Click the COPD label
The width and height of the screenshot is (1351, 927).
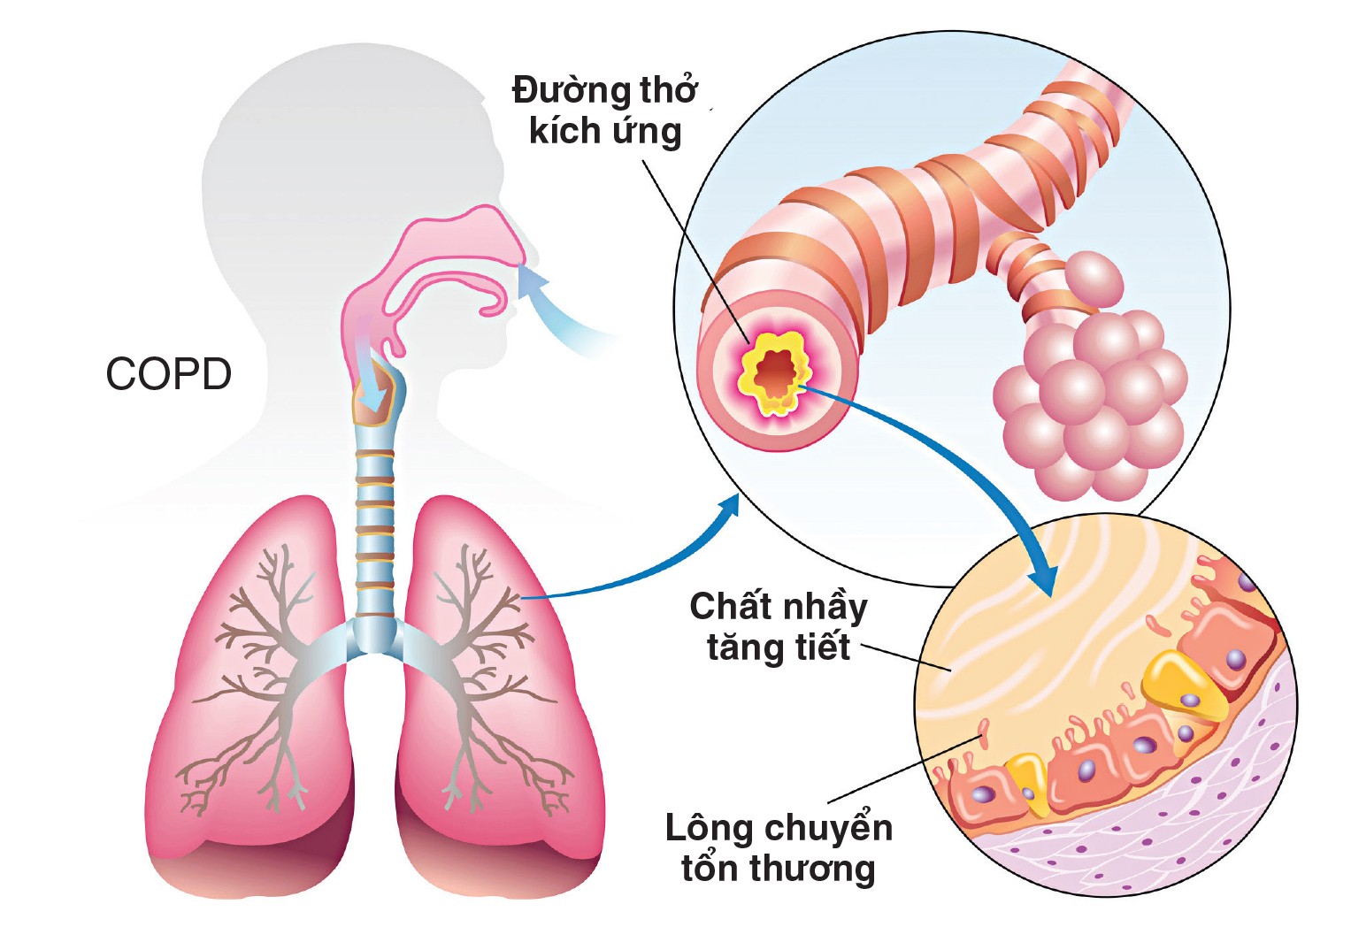168,374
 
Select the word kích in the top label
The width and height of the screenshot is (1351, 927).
560,131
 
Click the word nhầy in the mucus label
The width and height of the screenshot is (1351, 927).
822,609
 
